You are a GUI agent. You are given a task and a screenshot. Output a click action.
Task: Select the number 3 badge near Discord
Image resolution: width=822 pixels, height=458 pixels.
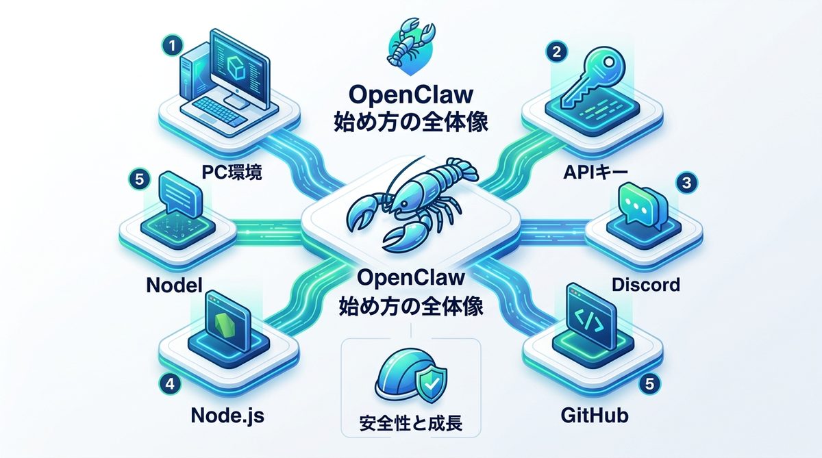(x=684, y=183)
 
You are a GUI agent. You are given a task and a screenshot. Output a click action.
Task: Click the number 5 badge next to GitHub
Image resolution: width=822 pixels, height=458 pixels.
(x=649, y=385)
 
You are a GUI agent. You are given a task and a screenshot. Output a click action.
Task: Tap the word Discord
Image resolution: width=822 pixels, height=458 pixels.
(x=645, y=284)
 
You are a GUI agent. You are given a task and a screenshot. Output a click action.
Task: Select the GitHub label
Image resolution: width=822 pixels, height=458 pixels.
(x=594, y=415)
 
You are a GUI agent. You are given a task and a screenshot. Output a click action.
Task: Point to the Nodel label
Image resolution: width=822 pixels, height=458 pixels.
(x=175, y=284)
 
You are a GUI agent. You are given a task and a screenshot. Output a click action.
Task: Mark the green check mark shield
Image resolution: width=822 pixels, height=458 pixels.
(x=429, y=385)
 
